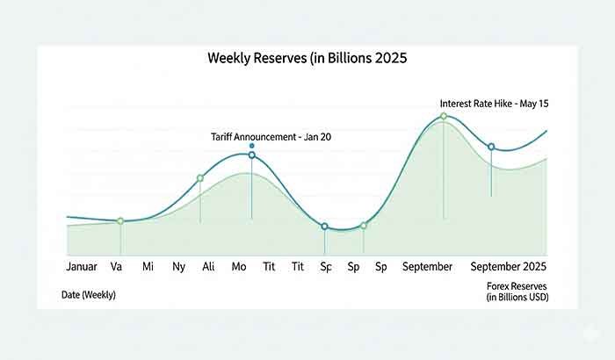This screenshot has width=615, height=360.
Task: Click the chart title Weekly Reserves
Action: pos(307,59)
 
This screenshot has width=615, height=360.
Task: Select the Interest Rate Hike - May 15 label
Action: pos(495,104)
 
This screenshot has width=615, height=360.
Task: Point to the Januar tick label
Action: pos(82,266)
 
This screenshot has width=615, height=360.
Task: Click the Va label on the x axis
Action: pos(116,266)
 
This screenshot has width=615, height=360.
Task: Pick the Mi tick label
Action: pos(148,266)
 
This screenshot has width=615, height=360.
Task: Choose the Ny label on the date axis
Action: pos(178,266)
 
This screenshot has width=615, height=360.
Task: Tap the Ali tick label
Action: pos(208,266)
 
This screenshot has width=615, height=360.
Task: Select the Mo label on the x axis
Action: pos(238,266)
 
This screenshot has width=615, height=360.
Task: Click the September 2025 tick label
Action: pos(509,266)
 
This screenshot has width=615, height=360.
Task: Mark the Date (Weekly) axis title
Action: pos(88,295)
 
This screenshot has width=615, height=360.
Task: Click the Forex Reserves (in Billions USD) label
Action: pos(516,292)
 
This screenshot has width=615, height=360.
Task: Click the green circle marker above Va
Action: pos(120,220)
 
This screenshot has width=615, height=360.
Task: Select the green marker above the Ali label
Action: pos(200,178)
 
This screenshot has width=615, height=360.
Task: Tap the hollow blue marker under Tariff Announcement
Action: pos(252,155)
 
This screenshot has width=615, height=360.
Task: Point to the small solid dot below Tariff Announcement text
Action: pos(252,146)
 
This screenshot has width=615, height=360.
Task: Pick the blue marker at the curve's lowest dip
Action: pos(325,227)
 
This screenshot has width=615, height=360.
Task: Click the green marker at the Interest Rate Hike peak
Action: pos(444,116)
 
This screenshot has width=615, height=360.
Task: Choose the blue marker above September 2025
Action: pos(491,147)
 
